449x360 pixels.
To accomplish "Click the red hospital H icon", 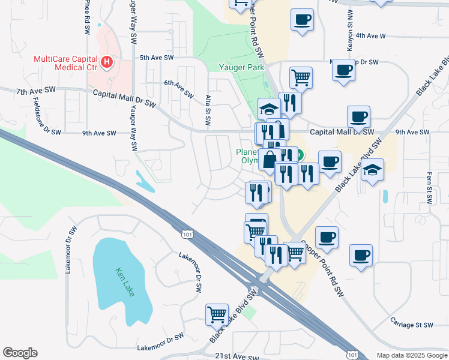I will point(107,62).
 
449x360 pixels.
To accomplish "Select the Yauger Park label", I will point(241,68).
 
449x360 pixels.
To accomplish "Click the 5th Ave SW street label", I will point(156,58).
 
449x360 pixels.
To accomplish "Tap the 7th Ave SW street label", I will point(36,91).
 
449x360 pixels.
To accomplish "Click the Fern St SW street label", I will point(429,189).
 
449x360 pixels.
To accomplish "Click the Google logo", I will point(20,353).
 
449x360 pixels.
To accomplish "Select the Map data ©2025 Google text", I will point(411,355).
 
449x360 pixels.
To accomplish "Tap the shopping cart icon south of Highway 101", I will point(217,314).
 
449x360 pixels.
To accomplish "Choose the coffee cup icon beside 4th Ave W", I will point(302,19).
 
